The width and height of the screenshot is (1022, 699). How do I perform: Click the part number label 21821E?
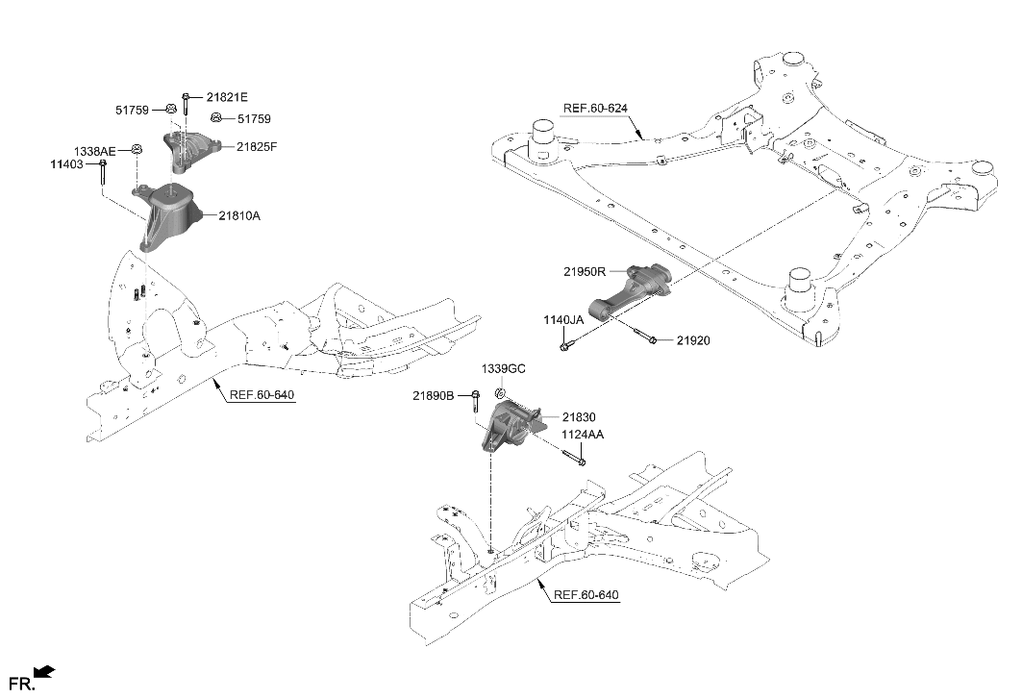point(227,97)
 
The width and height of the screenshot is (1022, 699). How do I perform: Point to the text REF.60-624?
point(597,108)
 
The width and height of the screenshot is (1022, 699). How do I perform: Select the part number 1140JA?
point(563,319)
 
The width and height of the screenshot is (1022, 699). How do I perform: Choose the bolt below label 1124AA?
point(573,460)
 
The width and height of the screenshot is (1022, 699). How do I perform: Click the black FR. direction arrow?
point(44,673)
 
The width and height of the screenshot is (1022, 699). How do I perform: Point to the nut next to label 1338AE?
point(137,149)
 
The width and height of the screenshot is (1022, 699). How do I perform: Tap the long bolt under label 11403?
point(102,173)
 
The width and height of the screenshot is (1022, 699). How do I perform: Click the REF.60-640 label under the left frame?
point(262,395)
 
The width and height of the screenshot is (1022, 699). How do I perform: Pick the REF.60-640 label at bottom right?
point(586,595)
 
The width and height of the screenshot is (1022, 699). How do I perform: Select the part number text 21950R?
point(584,272)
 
